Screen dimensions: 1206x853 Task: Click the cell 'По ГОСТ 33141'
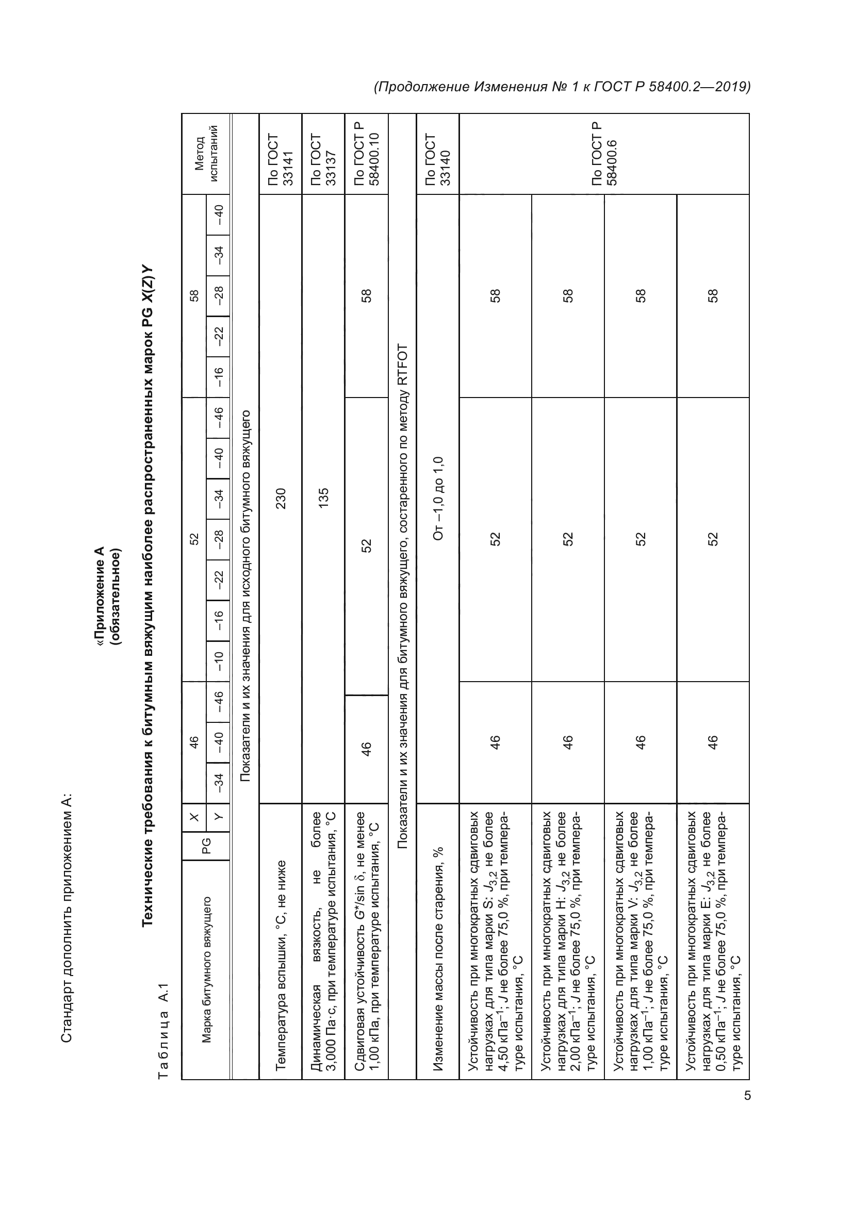coord(281,159)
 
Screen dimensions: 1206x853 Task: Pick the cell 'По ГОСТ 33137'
coord(323,159)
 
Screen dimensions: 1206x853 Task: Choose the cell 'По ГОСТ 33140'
coord(437,159)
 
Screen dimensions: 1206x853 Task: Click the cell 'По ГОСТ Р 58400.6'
coord(604,154)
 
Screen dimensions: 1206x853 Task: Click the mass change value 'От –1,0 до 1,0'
coord(437,499)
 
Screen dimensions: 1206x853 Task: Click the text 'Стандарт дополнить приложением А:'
coord(67,918)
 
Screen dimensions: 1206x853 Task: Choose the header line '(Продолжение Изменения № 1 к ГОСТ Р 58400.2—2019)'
coord(562,87)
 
